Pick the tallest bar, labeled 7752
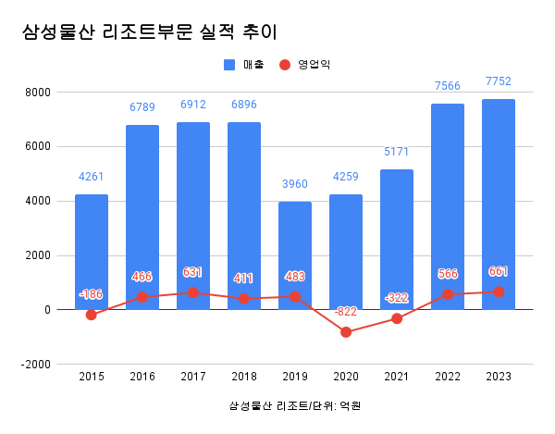[x=499, y=204]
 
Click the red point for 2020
[x=346, y=332]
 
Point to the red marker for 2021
[x=397, y=318]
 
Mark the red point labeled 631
[x=193, y=292]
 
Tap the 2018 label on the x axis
[x=244, y=376]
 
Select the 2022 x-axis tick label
[x=448, y=376]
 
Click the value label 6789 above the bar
[x=142, y=108]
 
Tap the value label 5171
[x=397, y=152]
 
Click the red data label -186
[x=92, y=294]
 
